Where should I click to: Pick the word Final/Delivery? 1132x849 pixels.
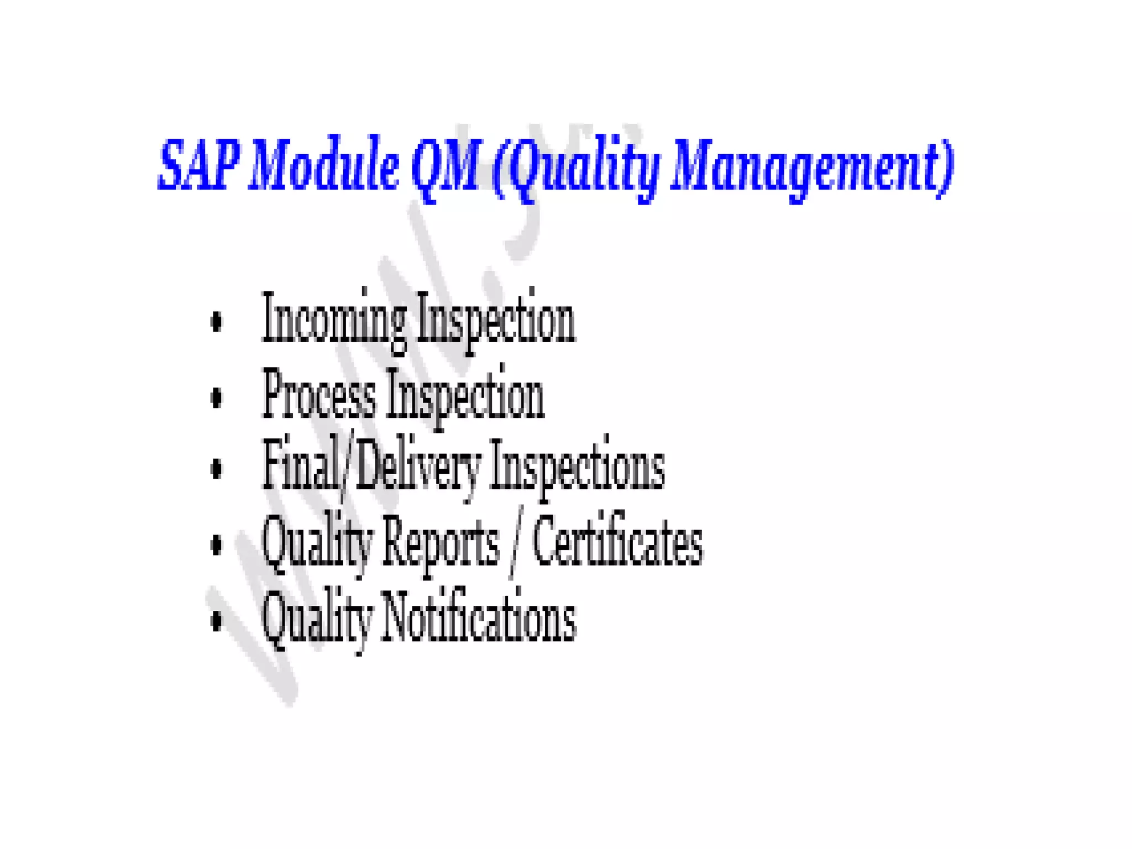(x=371, y=467)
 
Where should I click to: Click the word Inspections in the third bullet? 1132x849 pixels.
(x=577, y=470)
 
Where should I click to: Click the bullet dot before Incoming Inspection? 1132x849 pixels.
(x=216, y=322)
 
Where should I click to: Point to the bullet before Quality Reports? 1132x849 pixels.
(x=216, y=544)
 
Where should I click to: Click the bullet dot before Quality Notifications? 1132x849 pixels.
(x=216, y=619)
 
